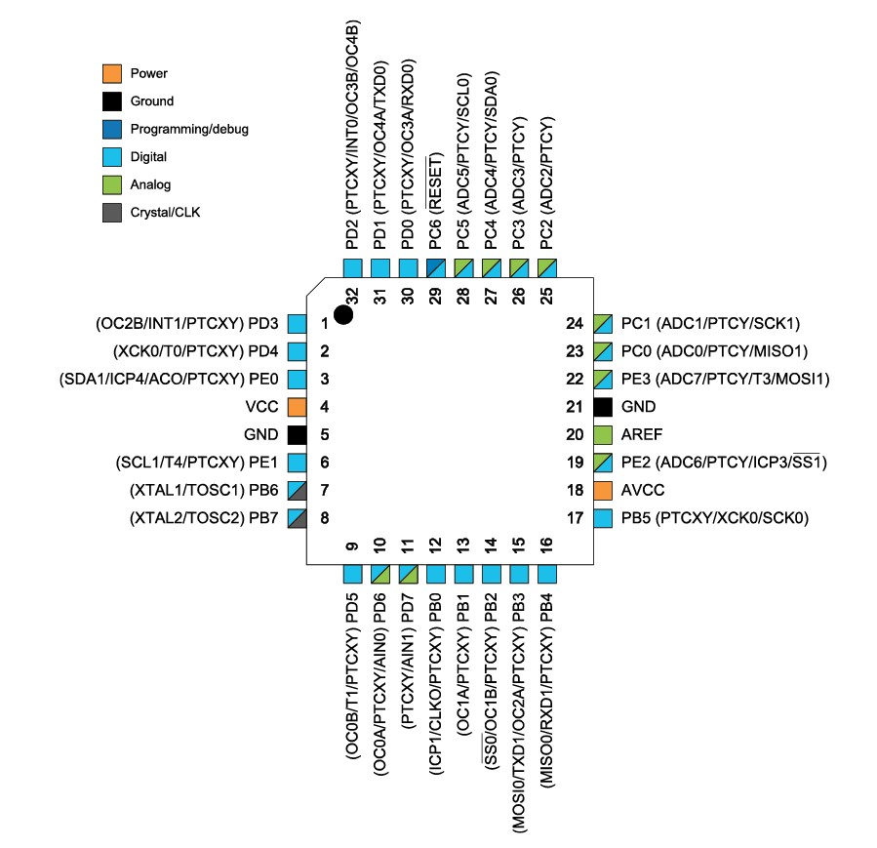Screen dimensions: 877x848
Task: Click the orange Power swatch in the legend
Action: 112,73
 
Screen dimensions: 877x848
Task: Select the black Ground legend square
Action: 112,101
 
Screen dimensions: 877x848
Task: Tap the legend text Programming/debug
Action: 189,129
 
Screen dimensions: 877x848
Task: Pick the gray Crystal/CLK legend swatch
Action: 112,213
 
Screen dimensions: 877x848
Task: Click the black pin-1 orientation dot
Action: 343,314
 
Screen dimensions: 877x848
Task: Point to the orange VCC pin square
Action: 297,407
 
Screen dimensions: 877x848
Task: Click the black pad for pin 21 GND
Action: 603,407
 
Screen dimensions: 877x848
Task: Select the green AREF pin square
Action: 603,434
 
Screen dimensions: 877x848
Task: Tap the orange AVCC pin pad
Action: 603,490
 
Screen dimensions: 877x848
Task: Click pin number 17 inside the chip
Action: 575,518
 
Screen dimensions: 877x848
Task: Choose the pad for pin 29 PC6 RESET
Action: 436,268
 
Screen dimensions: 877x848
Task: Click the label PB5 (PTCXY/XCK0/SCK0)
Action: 715,518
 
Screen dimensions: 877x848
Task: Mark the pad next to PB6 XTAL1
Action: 297,490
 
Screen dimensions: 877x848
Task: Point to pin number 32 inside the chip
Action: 352,296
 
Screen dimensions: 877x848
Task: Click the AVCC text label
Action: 643,490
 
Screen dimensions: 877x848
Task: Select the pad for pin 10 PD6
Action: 380,575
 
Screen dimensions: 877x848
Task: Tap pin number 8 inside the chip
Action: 325,518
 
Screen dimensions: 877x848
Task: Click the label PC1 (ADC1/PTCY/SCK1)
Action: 710,323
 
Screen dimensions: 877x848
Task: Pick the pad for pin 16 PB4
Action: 547,575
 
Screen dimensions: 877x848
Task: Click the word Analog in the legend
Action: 150,184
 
